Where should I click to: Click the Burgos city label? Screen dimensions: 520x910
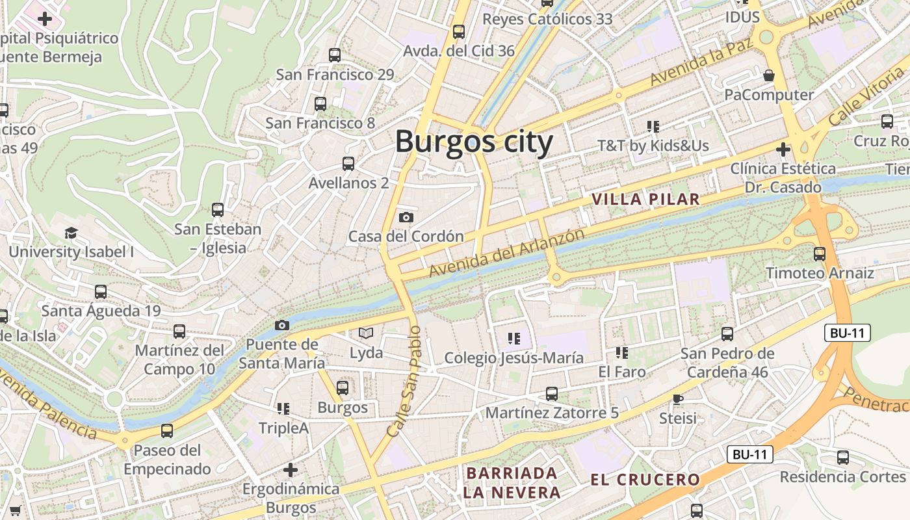click(x=474, y=142)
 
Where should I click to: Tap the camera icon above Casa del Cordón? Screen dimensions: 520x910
click(x=406, y=217)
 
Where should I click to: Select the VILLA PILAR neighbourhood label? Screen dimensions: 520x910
click(x=646, y=200)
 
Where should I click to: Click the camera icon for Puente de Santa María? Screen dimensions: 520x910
click(x=282, y=325)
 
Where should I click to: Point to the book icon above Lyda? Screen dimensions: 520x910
click(x=367, y=333)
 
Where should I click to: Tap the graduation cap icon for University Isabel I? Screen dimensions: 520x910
click(x=71, y=233)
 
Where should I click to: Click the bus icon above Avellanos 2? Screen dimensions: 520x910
click(x=348, y=164)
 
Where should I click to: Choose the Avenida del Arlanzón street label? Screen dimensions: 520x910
click(x=506, y=252)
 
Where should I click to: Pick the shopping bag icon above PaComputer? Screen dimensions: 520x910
click(x=769, y=75)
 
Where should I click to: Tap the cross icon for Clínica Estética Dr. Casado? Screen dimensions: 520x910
click(x=783, y=150)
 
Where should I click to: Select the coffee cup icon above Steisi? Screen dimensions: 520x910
click(x=678, y=399)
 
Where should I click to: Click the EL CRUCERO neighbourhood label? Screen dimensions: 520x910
click(x=645, y=480)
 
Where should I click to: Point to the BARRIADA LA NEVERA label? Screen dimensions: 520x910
click(x=512, y=482)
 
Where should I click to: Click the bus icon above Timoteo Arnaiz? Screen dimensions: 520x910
click(x=820, y=254)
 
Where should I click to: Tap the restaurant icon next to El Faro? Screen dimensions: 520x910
click(x=622, y=353)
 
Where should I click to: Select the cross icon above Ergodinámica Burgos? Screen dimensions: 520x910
click(x=291, y=469)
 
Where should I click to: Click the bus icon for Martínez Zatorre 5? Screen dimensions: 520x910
click(x=552, y=394)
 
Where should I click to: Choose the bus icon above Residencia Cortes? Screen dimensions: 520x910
click(x=843, y=458)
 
